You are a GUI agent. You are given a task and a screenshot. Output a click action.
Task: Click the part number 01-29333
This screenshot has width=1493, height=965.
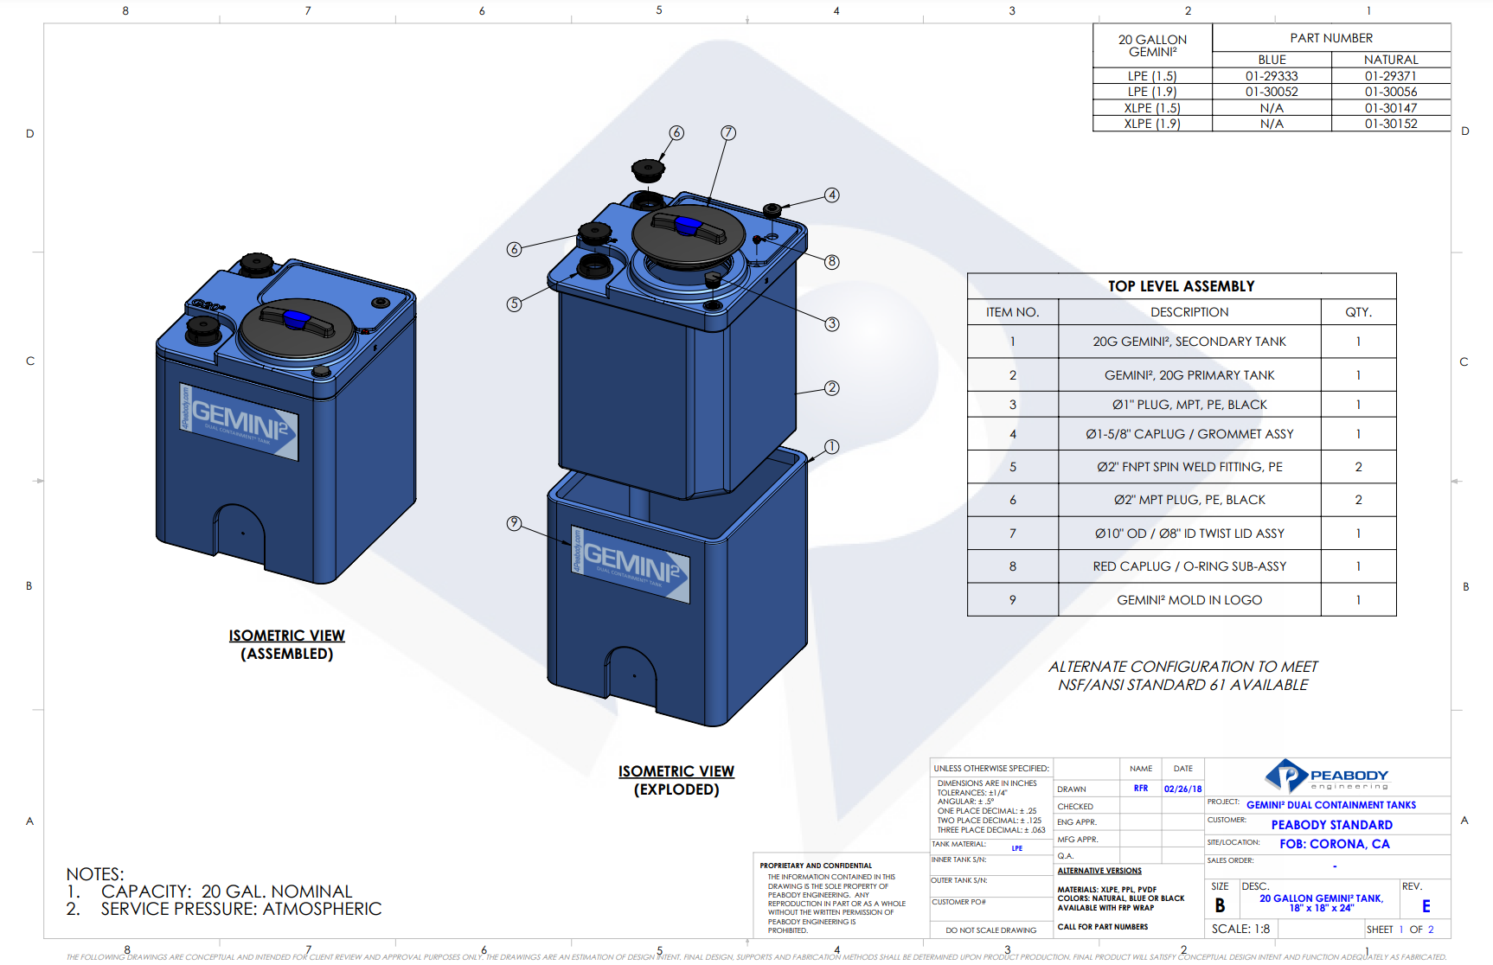coord(1272,76)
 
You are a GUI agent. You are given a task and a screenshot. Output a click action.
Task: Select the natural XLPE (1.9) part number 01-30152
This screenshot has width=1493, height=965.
coord(1391,124)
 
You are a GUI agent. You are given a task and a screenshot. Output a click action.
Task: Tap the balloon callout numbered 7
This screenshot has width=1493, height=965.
coord(728,132)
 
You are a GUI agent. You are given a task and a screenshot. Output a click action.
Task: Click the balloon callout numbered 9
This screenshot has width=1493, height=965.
coord(514,523)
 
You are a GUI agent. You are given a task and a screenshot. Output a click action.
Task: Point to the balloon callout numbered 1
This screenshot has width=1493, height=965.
coord(831,447)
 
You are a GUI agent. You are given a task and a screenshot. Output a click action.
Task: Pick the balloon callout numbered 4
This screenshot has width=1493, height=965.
coord(831,195)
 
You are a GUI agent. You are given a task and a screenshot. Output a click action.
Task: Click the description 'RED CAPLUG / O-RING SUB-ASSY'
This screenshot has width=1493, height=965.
coord(1189,566)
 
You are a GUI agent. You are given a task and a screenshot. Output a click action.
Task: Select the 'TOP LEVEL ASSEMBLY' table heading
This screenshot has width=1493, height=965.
coord(1181,286)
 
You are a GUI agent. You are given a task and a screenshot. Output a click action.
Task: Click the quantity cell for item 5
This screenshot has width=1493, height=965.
coord(1358,467)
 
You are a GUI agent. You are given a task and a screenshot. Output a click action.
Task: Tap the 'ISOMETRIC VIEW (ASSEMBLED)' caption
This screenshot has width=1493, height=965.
coord(286,644)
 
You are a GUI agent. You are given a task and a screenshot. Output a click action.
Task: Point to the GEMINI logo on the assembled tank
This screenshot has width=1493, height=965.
coord(239,422)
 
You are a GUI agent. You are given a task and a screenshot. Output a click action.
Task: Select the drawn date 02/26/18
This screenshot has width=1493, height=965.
coord(1182,789)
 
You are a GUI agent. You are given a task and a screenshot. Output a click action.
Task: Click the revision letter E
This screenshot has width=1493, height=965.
coord(1426,906)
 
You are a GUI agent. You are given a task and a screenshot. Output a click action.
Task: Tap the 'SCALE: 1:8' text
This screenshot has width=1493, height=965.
coord(1240,929)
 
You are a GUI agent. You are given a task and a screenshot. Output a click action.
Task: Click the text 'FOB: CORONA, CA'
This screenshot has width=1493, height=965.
coord(1334,844)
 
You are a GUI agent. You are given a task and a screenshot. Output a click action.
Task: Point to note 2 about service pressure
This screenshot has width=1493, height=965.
coord(225,910)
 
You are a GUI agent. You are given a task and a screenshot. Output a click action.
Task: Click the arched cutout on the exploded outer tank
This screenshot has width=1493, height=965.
coord(633,677)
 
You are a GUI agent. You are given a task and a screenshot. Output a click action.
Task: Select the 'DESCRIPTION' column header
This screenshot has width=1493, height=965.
coord(1189,312)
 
